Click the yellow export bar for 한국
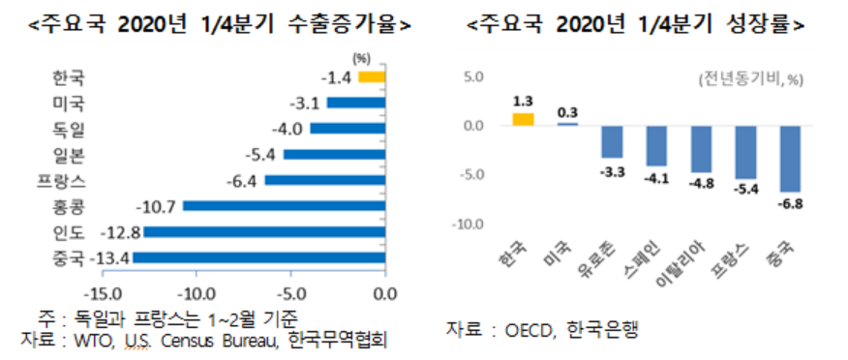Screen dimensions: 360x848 [x=372, y=76]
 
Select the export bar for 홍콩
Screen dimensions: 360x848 [x=284, y=205]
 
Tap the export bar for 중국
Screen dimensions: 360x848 [x=258, y=257]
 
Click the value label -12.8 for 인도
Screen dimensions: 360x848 [x=122, y=231]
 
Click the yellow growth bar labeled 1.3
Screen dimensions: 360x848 [x=523, y=119]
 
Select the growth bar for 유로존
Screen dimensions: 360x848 [x=612, y=141]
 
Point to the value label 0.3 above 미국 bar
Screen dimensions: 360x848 [x=567, y=112]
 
